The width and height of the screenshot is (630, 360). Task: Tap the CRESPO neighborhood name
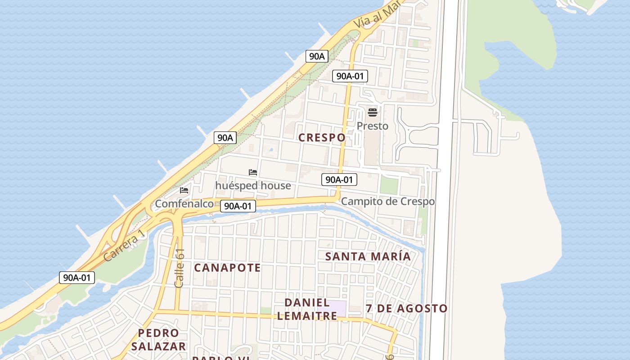322,138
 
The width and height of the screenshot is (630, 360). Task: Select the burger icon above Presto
373,112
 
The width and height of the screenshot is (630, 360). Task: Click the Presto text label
373,126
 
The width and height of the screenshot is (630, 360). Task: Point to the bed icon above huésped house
253,172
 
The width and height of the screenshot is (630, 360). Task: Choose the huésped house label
253,185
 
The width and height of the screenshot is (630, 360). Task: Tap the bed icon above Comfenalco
184,190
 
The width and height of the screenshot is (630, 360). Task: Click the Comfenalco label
184,204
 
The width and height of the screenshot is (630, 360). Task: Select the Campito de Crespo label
388,201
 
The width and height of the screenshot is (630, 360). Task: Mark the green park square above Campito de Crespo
389,185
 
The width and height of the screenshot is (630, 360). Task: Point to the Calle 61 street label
180,268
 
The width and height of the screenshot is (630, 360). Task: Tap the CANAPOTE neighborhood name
227,268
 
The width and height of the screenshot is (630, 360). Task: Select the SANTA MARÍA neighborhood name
368,256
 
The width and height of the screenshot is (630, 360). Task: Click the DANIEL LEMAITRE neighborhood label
307,309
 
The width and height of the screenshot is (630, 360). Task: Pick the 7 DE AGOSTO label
406,309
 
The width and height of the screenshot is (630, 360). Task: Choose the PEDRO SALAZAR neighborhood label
158,340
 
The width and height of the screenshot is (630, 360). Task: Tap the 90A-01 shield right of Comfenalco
238,206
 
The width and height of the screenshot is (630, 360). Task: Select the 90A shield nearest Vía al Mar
317,56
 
